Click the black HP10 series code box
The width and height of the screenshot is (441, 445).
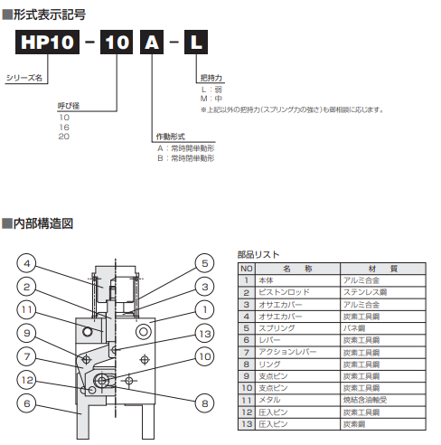tap(45, 43)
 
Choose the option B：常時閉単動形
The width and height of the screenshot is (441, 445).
tap(185, 157)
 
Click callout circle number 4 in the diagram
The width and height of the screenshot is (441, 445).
tap(28, 265)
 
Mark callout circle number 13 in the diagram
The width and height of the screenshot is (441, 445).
tap(205, 335)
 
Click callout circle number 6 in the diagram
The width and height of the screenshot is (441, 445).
tap(28, 403)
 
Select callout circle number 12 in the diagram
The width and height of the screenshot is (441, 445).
tap(28, 381)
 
